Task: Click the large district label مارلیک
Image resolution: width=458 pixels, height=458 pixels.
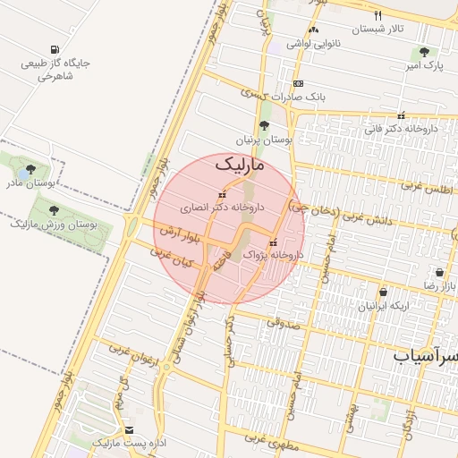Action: [241, 165]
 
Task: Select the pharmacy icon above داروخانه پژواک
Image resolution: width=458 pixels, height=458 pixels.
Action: [274, 242]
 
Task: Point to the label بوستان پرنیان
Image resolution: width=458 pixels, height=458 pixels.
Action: [264, 140]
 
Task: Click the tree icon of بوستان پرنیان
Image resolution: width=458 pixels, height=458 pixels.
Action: [263, 126]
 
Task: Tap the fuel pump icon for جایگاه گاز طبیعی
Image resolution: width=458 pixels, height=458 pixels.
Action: [56, 49]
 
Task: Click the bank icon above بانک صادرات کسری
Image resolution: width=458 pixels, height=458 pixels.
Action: [298, 83]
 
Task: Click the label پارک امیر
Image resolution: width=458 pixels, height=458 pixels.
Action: [421, 65]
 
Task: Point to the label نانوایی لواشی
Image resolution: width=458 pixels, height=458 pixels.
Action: [313, 43]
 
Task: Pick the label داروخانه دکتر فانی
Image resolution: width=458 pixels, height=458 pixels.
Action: [400, 128]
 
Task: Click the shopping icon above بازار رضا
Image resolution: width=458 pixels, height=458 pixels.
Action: [439, 273]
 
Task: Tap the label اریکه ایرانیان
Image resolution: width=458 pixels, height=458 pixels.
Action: [384, 305]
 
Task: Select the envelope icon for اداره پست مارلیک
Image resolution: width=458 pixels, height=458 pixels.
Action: [129, 430]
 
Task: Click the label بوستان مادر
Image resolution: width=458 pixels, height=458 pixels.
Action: [31, 182]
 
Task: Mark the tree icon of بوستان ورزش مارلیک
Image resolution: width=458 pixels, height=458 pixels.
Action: [54, 210]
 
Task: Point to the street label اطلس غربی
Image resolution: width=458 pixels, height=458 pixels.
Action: [422, 188]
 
